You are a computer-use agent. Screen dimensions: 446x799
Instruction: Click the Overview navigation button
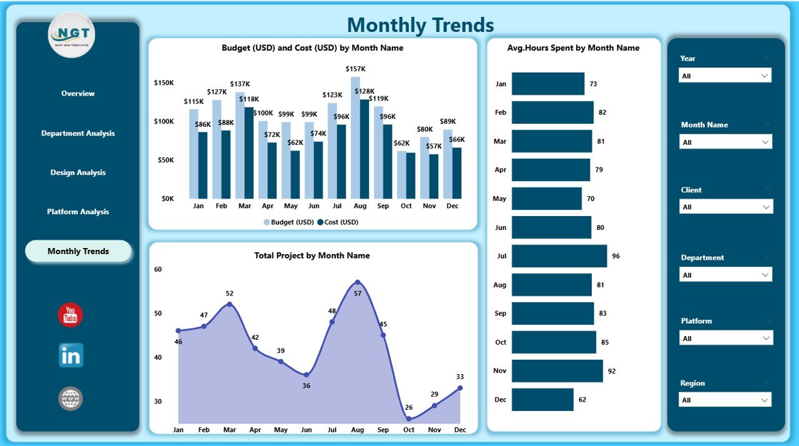pyautogui.click(x=78, y=94)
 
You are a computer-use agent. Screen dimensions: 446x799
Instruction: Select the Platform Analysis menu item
pyautogui.click(x=78, y=212)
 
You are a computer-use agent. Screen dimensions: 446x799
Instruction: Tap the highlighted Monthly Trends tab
pyautogui.click(x=78, y=251)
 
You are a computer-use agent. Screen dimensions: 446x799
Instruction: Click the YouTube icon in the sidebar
pyautogui.click(x=70, y=315)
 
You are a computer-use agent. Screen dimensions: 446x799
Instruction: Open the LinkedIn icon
pyautogui.click(x=71, y=355)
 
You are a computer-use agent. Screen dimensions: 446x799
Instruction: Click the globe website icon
pyautogui.click(x=71, y=399)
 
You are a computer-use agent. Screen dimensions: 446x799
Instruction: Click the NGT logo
pyautogui.click(x=71, y=35)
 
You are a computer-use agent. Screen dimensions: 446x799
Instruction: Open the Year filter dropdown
pyautogui.click(x=725, y=76)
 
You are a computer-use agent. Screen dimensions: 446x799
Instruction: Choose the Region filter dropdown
pyautogui.click(x=725, y=400)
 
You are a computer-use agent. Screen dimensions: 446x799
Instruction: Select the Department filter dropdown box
pyautogui.click(x=725, y=275)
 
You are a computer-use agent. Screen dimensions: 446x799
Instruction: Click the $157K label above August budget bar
pyautogui.click(x=355, y=68)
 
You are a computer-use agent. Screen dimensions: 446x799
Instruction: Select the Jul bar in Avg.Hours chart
pyautogui.click(x=559, y=256)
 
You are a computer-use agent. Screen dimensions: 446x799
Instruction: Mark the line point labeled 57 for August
pyautogui.click(x=357, y=282)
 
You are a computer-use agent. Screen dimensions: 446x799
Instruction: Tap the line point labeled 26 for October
pyautogui.click(x=409, y=419)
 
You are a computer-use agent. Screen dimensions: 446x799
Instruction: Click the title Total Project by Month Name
pyautogui.click(x=312, y=255)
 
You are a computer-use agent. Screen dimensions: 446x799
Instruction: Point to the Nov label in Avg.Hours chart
pyautogui.click(x=499, y=371)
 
